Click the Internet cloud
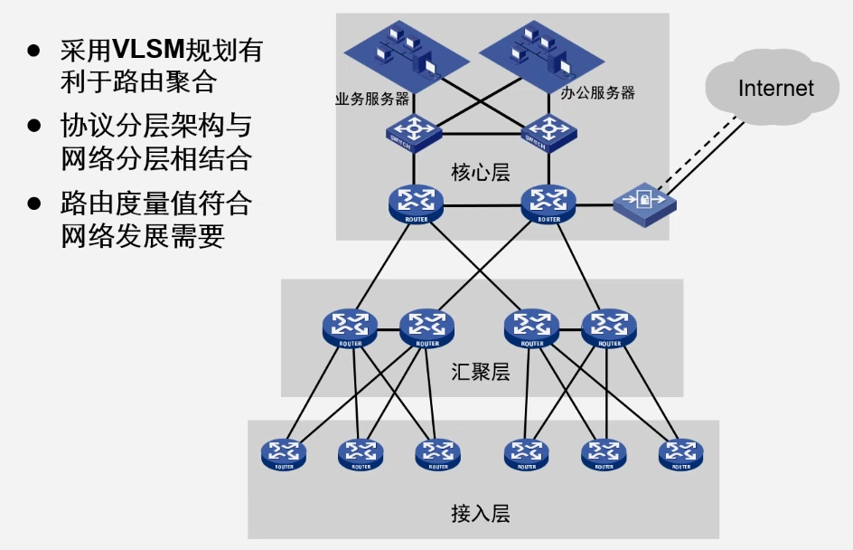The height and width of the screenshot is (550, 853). [x=775, y=87]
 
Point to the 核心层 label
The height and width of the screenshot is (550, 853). [x=480, y=171]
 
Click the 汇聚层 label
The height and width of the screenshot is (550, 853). [x=480, y=372]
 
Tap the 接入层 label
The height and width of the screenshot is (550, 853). [x=480, y=514]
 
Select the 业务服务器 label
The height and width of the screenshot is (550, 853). [x=371, y=98]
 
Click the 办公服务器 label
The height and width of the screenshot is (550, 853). [x=597, y=92]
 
